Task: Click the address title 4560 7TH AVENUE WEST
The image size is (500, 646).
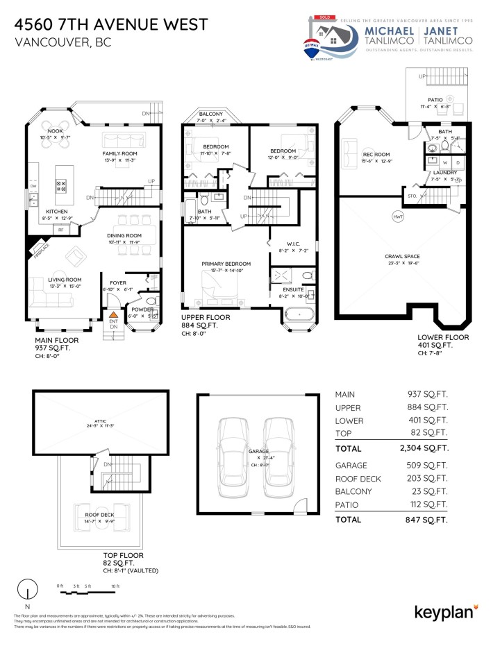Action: [110, 24]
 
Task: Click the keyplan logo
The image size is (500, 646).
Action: [445, 611]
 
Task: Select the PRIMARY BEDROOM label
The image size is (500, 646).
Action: [226, 264]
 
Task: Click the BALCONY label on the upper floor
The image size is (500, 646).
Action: [210, 113]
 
